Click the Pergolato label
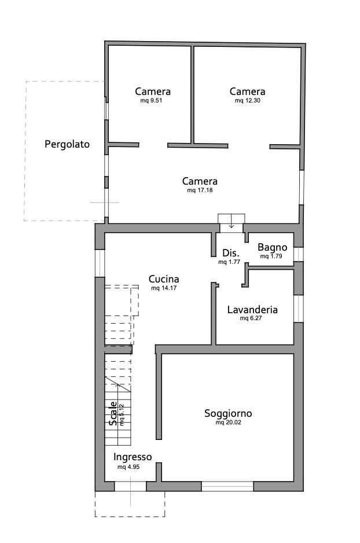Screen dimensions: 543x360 click(67, 145)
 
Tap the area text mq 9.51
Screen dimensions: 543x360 click(153, 100)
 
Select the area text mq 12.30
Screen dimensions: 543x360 click(247, 100)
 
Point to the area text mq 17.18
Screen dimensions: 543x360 click(200, 190)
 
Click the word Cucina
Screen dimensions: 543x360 click(163, 278)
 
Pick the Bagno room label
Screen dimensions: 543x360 click(272, 247)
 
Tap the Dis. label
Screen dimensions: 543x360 click(231, 253)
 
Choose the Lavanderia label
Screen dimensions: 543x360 click(252, 310)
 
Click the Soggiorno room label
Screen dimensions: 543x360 click(228, 413)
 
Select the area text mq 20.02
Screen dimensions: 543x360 click(228, 423)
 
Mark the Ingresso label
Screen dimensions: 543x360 click(133, 456)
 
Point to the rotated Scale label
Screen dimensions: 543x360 click(113, 414)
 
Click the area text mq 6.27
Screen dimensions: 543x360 click(252, 318)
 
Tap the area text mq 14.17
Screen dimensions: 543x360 click(163, 288)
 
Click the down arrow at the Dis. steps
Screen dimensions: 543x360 click(232, 219)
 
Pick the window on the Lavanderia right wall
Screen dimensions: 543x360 click(299, 308)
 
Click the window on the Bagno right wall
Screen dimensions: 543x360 click(299, 254)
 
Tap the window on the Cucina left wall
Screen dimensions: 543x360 click(100, 263)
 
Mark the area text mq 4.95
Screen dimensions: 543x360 click(128, 466)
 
